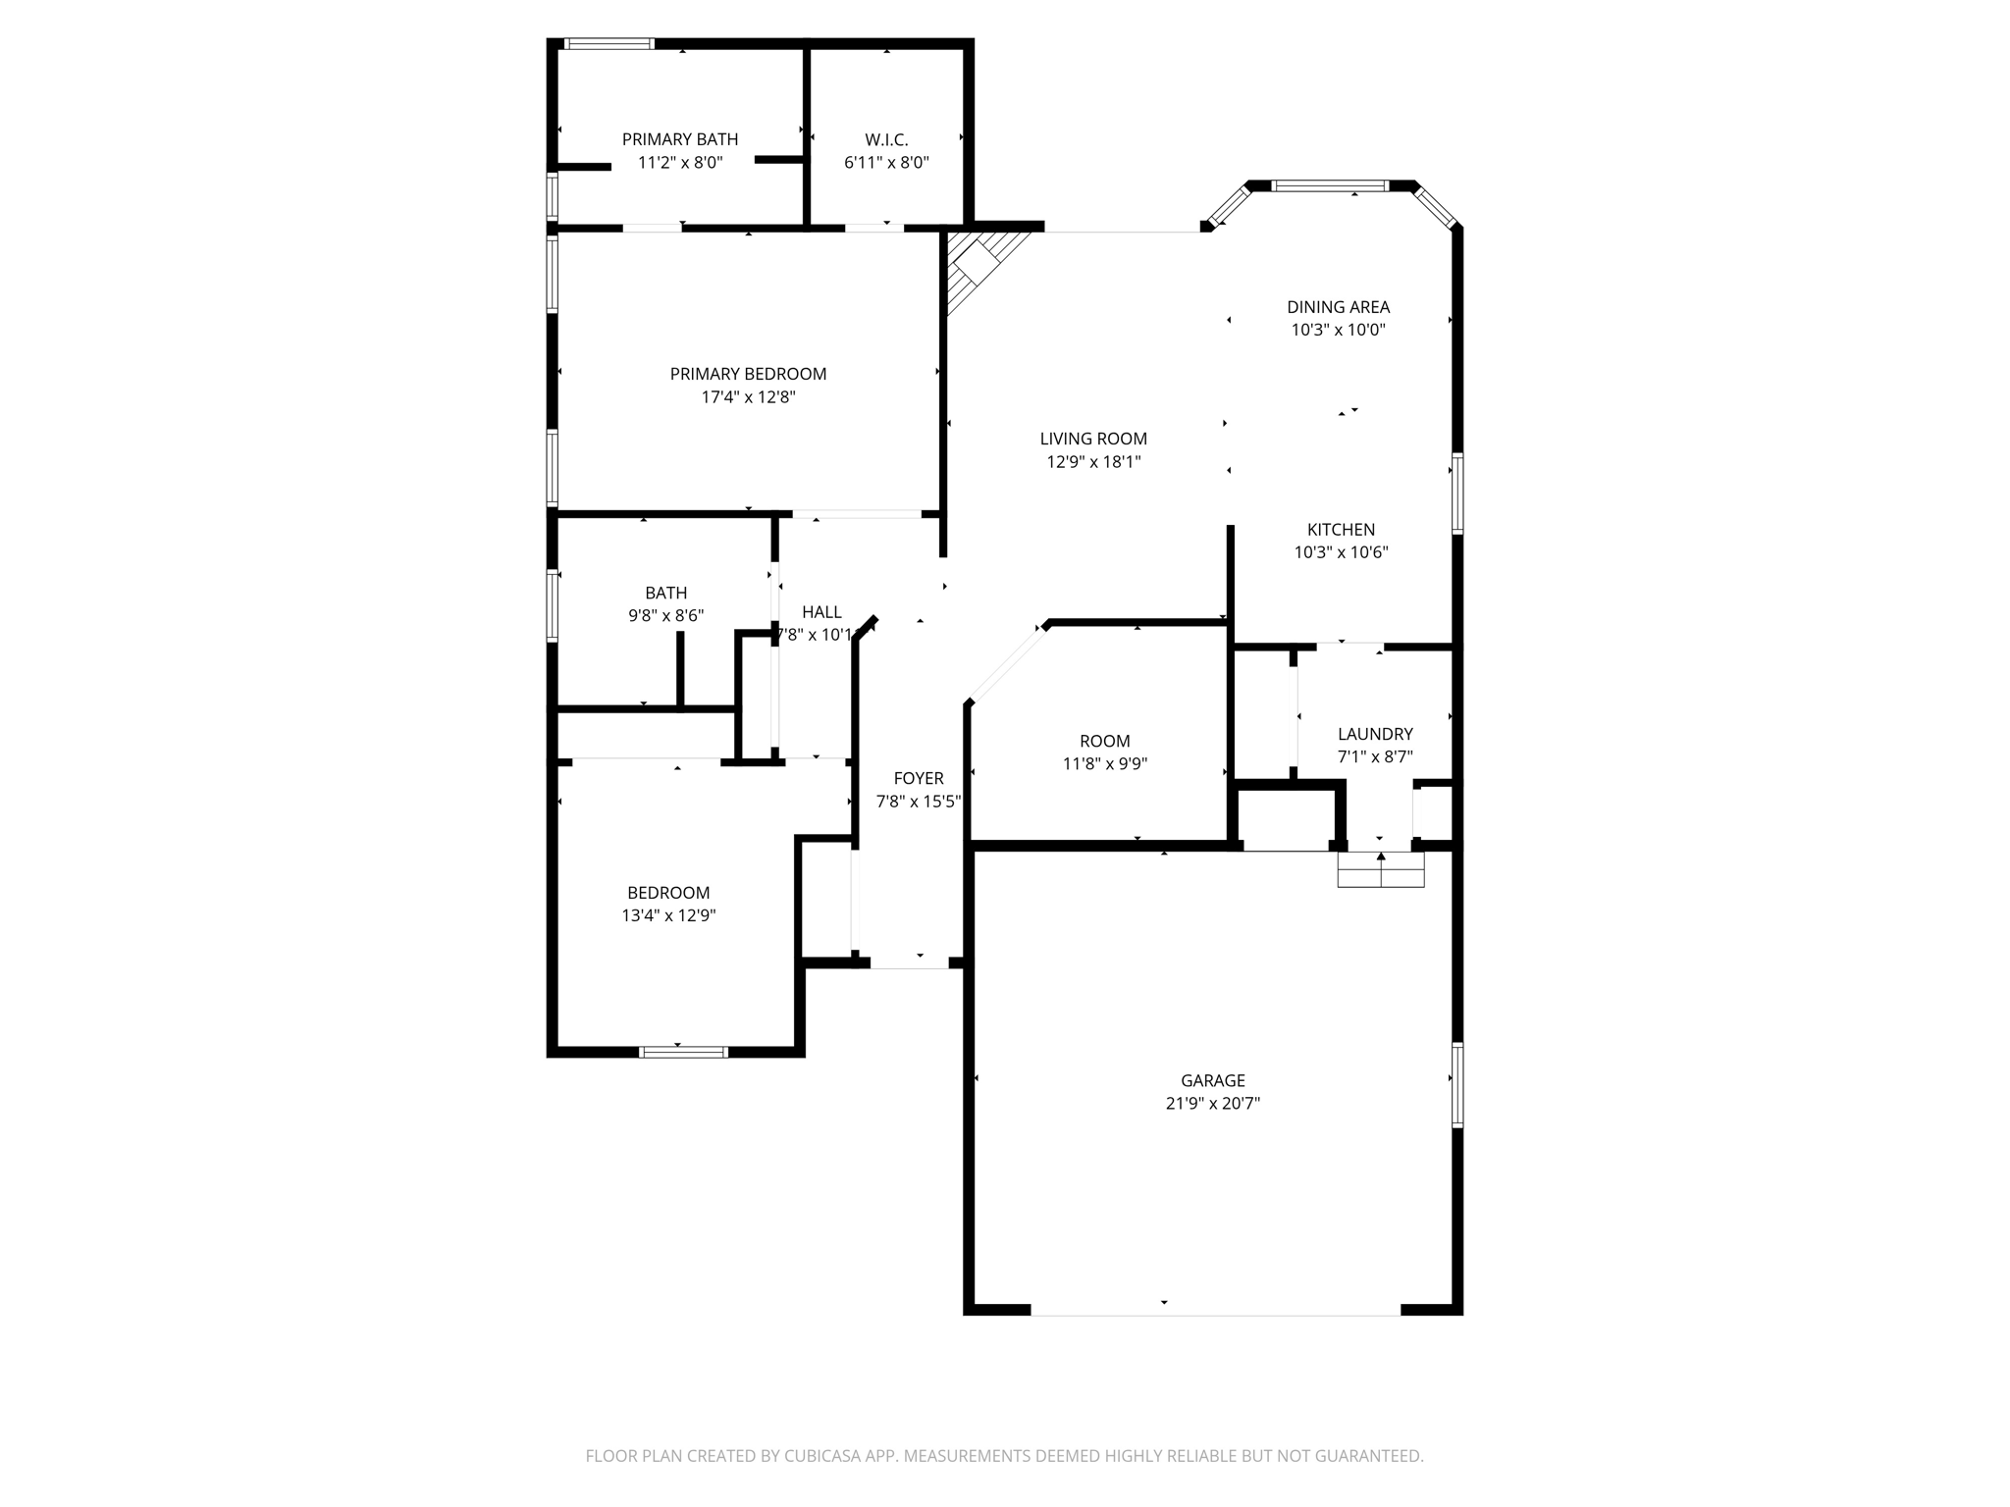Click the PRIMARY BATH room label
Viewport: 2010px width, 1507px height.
[x=679, y=139]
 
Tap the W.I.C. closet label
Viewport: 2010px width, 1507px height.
[x=886, y=139]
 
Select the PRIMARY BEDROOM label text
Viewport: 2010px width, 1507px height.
[x=748, y=374]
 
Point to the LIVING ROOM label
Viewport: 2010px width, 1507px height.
[x=1093, y=439]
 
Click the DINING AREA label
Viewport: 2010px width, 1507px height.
[x=1338, y=307]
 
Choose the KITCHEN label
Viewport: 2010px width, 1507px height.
[x=1341, y=530]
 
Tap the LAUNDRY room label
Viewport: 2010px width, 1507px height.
[x=1375, y=734]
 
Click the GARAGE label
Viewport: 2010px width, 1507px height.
[x=1212, y=1080]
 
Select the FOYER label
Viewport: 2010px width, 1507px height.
[x=919, y=778]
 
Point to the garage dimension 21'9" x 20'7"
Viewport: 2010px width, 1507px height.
[x=1212, y=1104]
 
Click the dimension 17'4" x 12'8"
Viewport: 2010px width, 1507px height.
[x=748, y=397]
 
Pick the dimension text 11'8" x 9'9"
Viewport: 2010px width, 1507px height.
[x=1105, y=763]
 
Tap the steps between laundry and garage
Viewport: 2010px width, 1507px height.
[x=1381, y=869]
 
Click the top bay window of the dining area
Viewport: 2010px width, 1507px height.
[x=1330, y=185]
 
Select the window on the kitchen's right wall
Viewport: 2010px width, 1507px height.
[x=1457, y=494]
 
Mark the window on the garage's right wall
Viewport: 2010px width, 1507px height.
[x=1457, y=1085]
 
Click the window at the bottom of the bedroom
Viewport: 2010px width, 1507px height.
[x=683, y=1052]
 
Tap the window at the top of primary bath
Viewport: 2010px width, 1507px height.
[x=608, y=44]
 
